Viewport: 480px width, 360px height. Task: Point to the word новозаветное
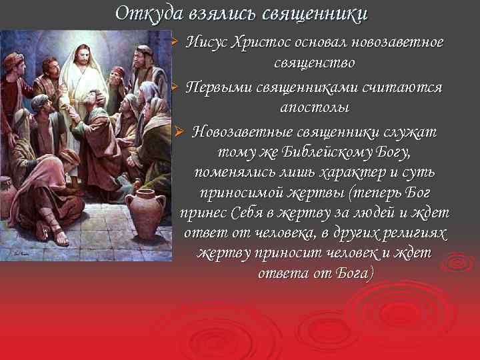click(396, 43)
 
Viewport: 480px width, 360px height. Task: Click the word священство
click(314, 64)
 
